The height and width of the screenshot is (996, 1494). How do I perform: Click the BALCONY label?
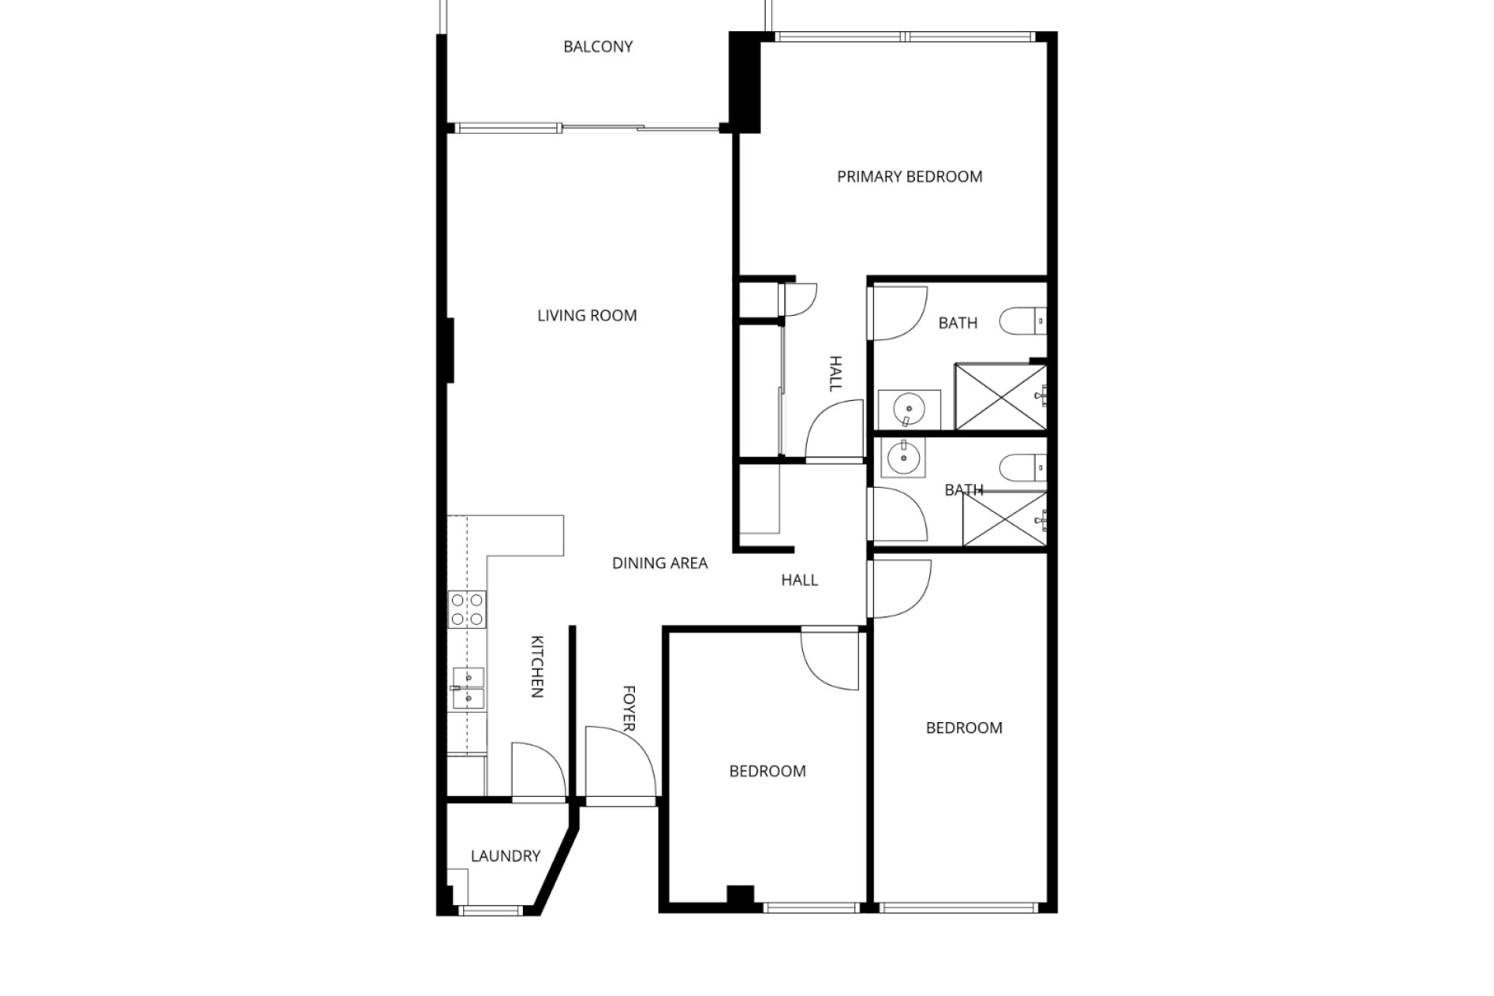tap(598, 47)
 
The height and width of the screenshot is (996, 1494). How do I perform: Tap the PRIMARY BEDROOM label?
tap(910, 177)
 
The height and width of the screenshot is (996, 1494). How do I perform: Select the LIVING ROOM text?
tap(587, 315)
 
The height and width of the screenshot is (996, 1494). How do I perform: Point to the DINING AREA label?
tap(660, 563)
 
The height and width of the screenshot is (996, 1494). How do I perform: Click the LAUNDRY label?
tap(505, 856)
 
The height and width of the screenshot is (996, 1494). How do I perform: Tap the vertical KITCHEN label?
tap(537, 667)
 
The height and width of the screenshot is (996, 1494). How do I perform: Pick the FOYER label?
tap(629, 708)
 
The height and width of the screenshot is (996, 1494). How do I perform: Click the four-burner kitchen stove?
tap(467, 609)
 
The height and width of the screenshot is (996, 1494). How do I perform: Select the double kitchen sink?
tap(468, 688)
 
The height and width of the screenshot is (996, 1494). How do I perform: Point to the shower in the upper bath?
tap(1001, 396)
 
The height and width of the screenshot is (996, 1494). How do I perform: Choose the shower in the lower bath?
tap(1005, 519)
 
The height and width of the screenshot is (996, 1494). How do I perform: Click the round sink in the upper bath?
tap(909, 409)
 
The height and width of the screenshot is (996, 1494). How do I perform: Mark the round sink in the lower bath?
tap(903, 458)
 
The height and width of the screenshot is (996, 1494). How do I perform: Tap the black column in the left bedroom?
tap(740, 895)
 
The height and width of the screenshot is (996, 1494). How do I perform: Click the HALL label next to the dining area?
tap(799, 580)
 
